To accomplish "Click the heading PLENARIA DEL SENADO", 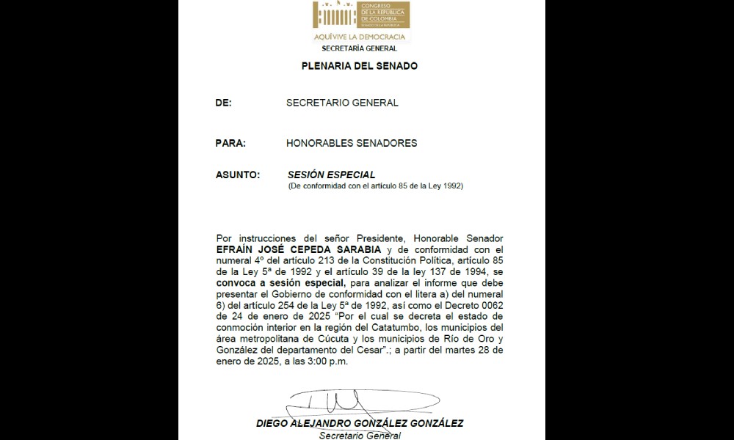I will [x=360, y=66].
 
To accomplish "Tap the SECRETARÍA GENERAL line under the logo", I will [x=360, y=48].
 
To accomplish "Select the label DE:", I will [x=223, y=103].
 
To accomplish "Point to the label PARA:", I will [x=230, y=144].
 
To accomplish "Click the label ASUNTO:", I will [x=238, y=175].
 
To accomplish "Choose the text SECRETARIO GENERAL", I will [x=342, y=103].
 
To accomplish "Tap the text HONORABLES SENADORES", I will [x=352, y=144].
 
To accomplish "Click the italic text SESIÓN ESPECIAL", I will [x=332, y=175].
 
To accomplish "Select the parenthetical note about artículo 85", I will [x=375, y=186].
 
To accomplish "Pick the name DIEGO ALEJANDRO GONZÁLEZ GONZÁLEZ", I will [x=360, y=424].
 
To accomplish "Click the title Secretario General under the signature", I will [x=360, y=436].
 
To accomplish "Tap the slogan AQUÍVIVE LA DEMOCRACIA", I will [x=360, y=37].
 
